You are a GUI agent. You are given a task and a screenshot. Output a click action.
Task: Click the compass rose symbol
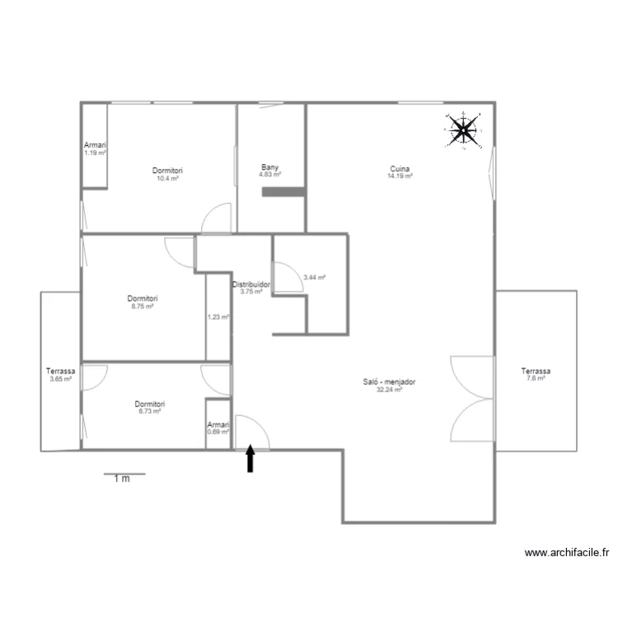(463, 130)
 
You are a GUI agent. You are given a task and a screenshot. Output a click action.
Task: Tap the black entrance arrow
(250, 458)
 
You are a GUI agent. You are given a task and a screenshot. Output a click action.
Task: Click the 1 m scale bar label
(122, 479)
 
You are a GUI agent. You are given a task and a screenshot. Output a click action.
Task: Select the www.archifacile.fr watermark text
(567, 553)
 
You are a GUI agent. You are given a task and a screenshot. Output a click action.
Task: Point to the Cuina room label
(400, 169)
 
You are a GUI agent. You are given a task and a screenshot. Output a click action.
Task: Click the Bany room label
(269, 167)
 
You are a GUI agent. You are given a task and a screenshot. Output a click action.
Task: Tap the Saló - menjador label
(389, 382)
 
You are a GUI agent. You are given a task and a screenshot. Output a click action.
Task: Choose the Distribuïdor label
(251, 284)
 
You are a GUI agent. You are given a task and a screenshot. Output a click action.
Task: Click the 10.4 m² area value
(167, 178)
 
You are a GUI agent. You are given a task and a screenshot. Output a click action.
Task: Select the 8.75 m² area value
(143, 306)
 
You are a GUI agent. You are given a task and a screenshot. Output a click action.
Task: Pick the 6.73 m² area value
(149, 411)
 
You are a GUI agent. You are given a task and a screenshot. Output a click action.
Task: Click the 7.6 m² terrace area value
(536, 378)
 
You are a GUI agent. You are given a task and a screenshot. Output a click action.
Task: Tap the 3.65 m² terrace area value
(61, 379)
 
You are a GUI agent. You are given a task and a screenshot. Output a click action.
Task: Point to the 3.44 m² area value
(315, 278)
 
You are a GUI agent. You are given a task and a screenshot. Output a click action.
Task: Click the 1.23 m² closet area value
(218, 317)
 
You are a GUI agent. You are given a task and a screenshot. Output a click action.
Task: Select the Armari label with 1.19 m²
(95, 145)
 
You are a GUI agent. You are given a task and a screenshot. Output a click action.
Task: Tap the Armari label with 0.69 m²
(218, 424)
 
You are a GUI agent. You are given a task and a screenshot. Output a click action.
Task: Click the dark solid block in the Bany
(283, 192)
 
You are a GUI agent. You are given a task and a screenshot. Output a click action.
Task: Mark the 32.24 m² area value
(389, 390)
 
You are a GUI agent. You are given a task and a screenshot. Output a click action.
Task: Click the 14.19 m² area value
(400, 176)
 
